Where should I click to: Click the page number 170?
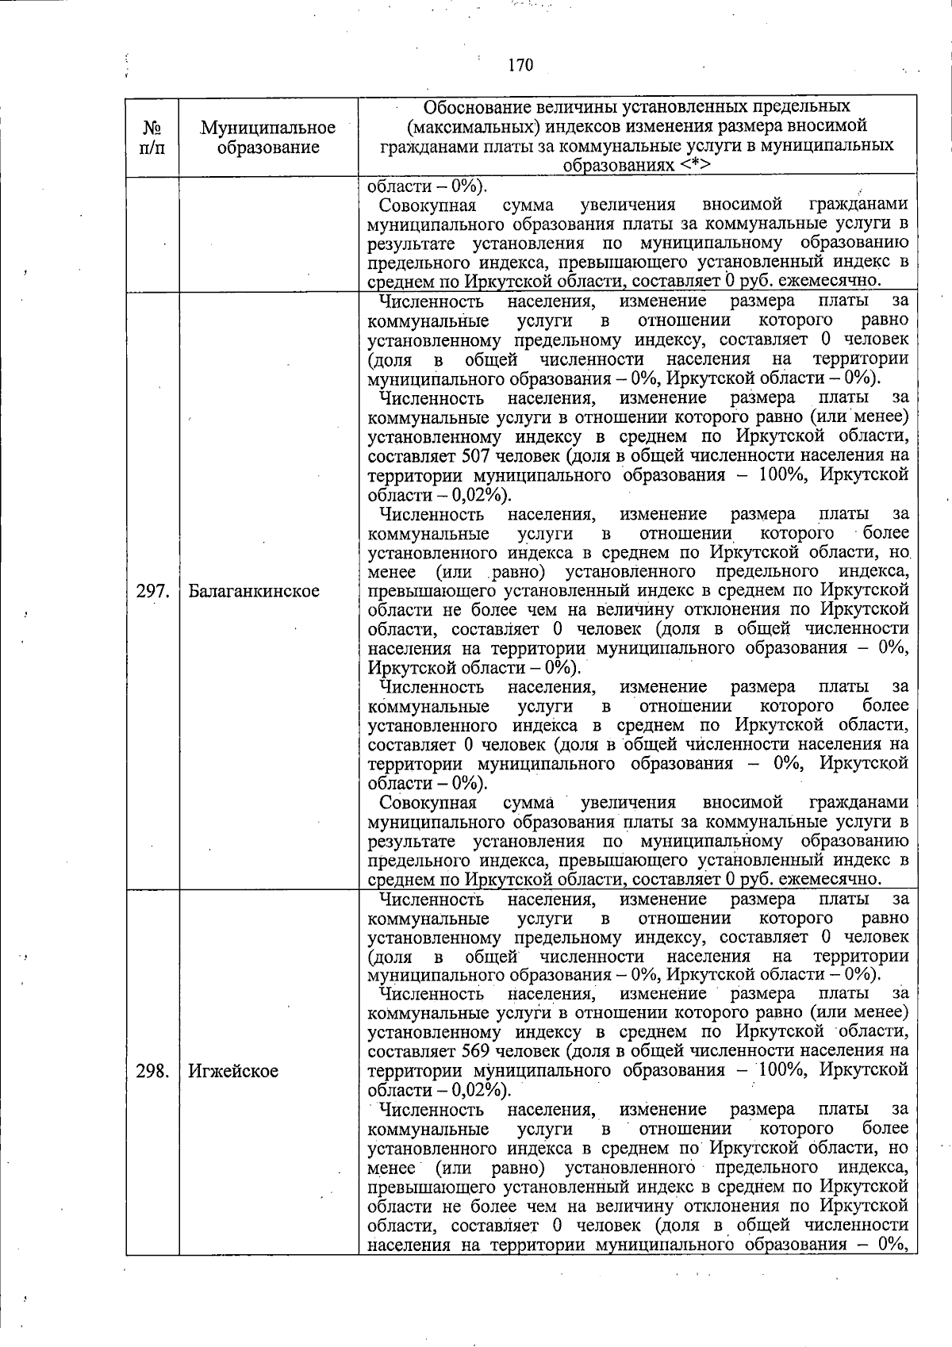[520, 65]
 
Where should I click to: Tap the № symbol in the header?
[152, 129]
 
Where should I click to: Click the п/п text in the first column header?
[152, 148]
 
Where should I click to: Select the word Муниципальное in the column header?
[268, 128]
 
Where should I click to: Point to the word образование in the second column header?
[268, 148]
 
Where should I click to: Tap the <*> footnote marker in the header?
[694, 165]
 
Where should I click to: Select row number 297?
[152, 591]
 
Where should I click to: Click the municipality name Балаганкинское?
[254, 591]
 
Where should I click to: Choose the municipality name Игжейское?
[233, 1071]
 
